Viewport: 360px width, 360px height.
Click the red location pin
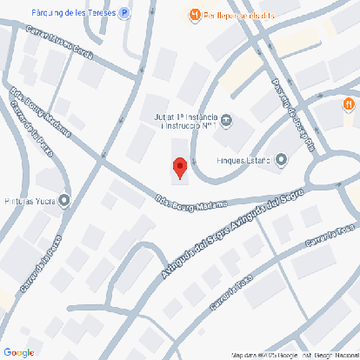click(x=179, y=166)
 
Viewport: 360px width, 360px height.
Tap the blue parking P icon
click(x=125, y=13)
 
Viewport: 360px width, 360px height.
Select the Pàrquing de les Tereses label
click(x=74, y=13)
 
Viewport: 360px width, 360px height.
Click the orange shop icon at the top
click(x=195, y=14)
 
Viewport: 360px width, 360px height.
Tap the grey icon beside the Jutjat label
click(x=227, y=120)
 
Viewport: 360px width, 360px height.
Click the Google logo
click(x=18, y=351)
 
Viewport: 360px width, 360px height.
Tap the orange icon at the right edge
click(x=347, y=104)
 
